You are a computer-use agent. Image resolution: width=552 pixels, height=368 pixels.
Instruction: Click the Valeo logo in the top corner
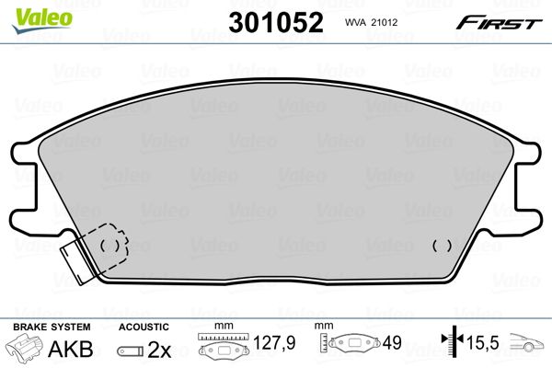pos(42,20)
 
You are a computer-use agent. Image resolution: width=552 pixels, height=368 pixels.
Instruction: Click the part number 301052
pos(276,22)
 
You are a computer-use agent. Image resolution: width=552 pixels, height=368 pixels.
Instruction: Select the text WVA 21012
pos(371,22)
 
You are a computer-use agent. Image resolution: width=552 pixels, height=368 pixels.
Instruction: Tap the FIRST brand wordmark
pos(499,23)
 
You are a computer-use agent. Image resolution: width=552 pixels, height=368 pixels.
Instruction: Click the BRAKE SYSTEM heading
pos(52,327)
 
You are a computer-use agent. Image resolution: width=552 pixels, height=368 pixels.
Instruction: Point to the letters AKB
pos(71,349)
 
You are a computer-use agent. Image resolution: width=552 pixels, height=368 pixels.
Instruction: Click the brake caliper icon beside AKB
pos(24,346)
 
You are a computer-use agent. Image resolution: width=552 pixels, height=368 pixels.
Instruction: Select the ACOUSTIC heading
pos(144,328)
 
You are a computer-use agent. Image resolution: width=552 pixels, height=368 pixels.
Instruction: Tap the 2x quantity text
pos(159,350)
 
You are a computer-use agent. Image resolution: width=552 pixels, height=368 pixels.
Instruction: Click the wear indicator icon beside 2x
pos(131,351)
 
